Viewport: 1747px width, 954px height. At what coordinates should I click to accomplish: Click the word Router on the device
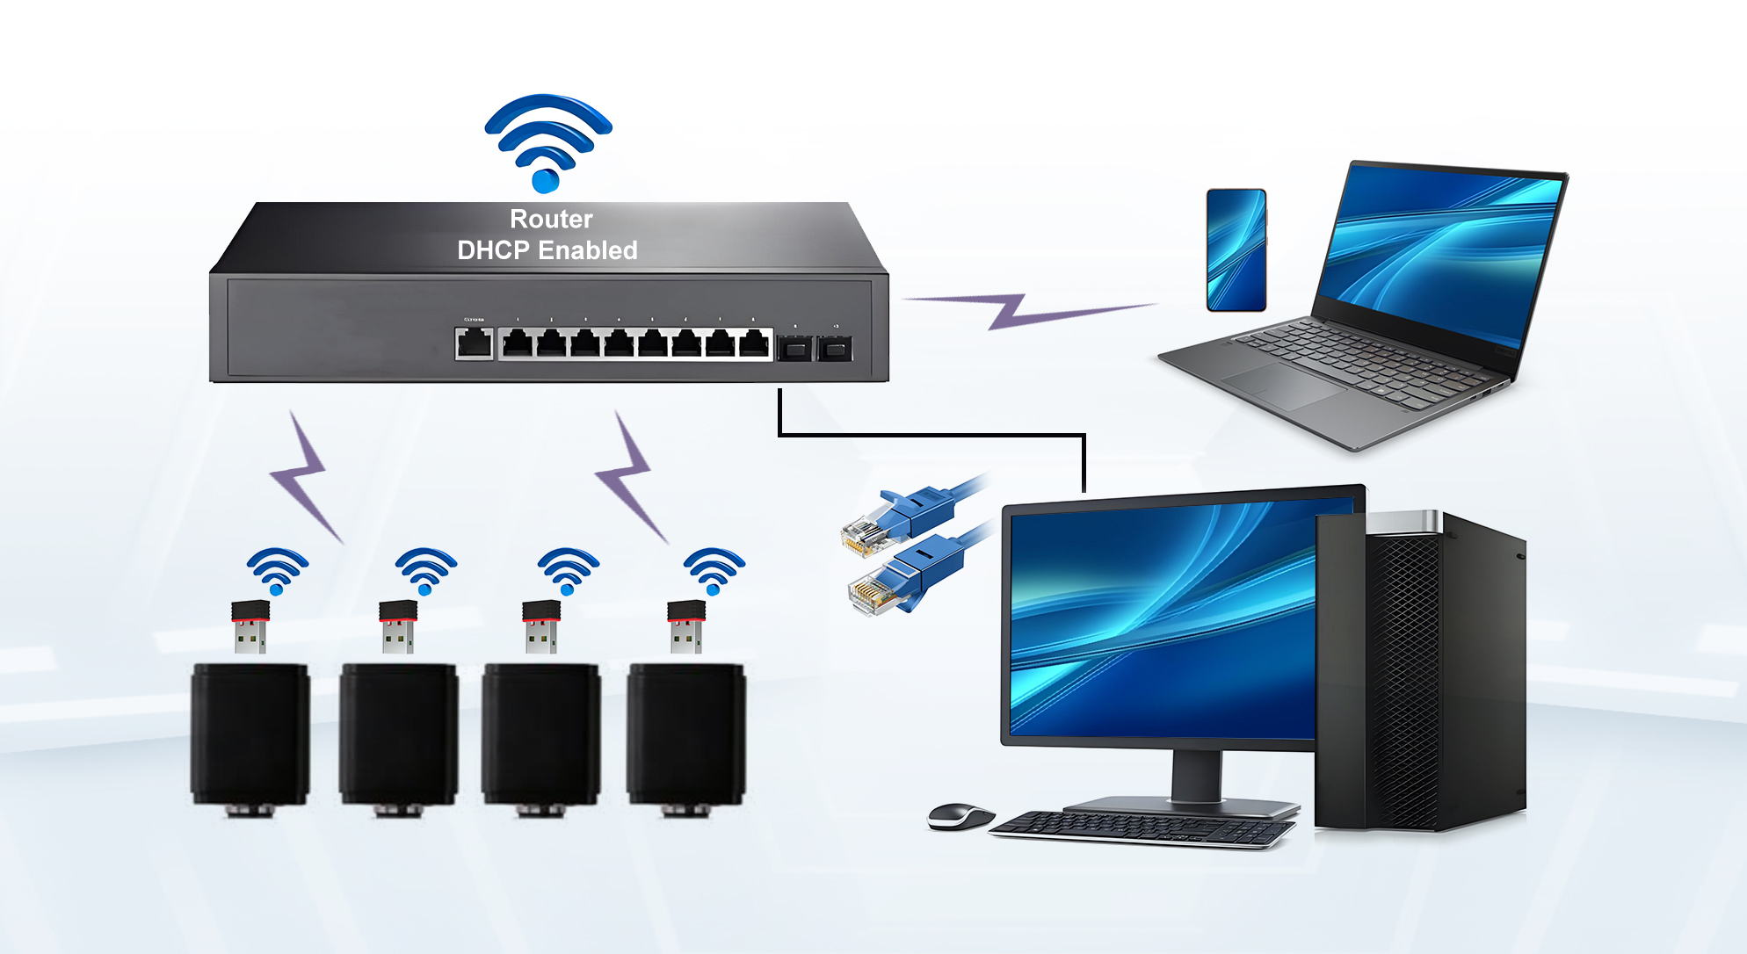(x=551, y=219)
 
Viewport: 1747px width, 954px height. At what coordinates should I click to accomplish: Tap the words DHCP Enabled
(x=547, y=250)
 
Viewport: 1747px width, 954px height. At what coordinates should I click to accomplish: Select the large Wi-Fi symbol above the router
(x=547, y=141)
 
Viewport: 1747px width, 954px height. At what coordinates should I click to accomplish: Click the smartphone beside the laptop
(x=1236, y=249)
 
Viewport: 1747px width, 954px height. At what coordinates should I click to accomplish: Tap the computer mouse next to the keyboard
(x=959, y=816)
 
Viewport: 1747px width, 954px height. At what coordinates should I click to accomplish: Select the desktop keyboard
(x=1142, y=828)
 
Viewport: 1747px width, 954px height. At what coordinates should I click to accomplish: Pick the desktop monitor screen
(x=1160, y=619)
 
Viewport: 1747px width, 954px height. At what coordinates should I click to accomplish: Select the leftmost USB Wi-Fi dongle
(x=250, y=625)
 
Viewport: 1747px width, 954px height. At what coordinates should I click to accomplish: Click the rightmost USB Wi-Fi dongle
(x=685, y=625)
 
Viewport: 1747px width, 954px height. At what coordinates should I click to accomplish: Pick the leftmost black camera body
(x=250, y=734)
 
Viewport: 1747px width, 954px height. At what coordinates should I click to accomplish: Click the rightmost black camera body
(x=685, y=734)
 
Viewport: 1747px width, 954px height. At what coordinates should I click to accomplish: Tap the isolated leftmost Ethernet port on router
(x=474, y=343)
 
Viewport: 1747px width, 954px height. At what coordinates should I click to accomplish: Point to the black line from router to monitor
(x=931, y=434)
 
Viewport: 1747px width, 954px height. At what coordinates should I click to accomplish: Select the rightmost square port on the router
(x=834, y=349)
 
